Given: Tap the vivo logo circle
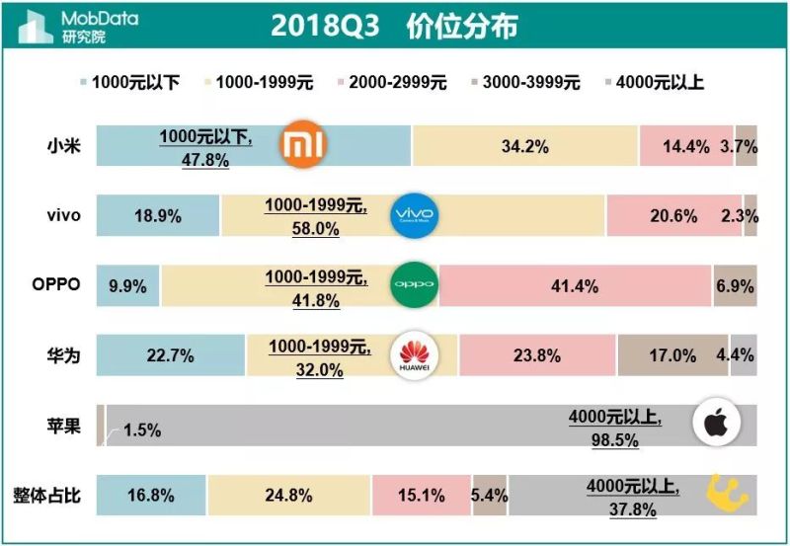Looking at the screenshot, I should (x=414, y=215).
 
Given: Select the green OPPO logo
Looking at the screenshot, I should (x=414, y=284).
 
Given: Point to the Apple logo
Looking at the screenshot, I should (x=716, y=425).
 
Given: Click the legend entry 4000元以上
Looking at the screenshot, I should (x=653, y=83).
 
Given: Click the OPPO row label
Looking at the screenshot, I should (x=54, y=286).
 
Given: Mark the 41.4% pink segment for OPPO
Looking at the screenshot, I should (x=575, y=286).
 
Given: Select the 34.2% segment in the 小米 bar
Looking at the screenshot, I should (x=525, y=146).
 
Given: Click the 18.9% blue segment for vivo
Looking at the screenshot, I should (x=158, y=216).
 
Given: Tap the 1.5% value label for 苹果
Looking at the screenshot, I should (x=142, y=429).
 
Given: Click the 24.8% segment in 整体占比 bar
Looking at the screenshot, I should (x=288, y=496).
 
